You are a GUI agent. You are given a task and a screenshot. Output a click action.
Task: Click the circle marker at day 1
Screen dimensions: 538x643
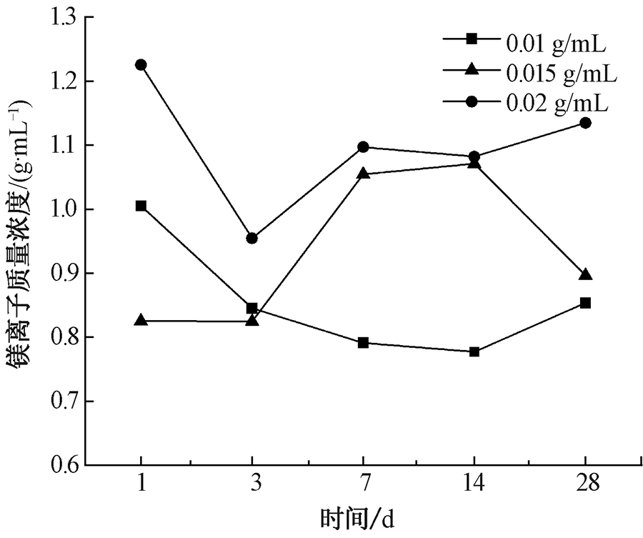[141, 65]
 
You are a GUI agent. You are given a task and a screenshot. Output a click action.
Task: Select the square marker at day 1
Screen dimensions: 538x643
[141, 206]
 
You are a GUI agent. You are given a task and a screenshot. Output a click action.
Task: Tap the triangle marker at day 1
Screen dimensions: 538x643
[141, 321]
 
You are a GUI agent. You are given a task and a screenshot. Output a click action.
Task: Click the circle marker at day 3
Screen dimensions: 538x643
[251, 238]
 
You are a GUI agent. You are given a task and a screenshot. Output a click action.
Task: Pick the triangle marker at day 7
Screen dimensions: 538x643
[363, 174]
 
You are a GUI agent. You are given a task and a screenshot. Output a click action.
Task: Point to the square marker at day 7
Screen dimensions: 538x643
[363, 343]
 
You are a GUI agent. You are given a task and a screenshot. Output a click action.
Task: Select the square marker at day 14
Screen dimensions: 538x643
[474, 352]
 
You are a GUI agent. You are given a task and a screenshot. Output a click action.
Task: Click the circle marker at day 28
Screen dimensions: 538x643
[585, 123]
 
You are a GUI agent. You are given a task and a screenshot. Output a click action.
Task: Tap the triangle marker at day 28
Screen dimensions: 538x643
[585, 275]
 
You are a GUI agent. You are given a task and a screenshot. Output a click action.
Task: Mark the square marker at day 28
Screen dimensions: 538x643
[585, 303]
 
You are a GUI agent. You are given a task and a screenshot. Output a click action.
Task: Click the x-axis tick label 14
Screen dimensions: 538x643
[474, 485]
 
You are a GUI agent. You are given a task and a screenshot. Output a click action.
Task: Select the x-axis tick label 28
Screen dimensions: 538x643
[585, 485]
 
